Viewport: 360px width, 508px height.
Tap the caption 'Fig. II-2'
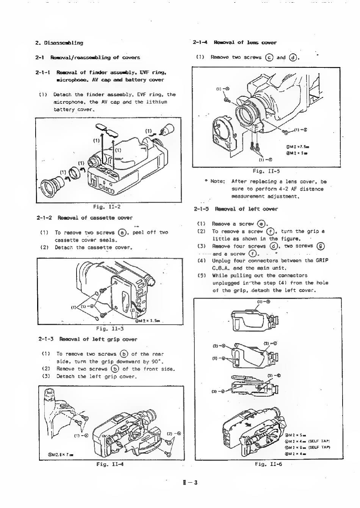click(x=106, y=207)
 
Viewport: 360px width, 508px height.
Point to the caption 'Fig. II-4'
click(x=110, y=464)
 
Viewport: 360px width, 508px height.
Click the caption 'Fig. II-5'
click(x=266, y=170)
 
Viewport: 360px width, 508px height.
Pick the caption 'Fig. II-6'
click(x=268, y=464)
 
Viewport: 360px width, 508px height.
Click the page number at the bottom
click(x=190, y=482)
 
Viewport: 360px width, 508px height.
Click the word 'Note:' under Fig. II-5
click(x=218, y=181)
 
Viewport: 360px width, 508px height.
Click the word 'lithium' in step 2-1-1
click(x=157, y=102)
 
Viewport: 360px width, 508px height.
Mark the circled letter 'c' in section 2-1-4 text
click(x=269, y=58)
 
